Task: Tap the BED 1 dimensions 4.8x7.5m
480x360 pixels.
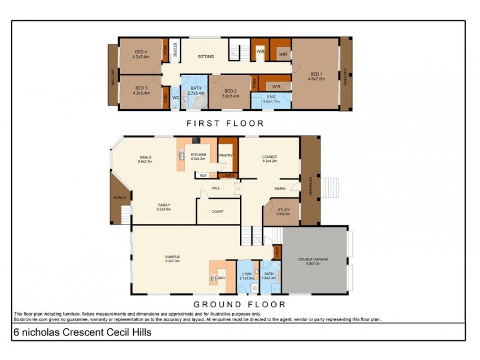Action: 316,78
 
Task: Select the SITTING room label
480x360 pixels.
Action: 206,56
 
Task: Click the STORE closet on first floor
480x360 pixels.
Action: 175,50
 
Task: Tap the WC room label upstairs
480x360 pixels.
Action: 176,97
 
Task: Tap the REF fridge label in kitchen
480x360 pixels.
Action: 203,175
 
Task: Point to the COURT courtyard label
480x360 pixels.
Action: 217,211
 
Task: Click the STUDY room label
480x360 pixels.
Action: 283,210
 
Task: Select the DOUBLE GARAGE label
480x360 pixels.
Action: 314,259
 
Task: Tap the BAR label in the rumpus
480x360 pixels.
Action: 221,278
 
